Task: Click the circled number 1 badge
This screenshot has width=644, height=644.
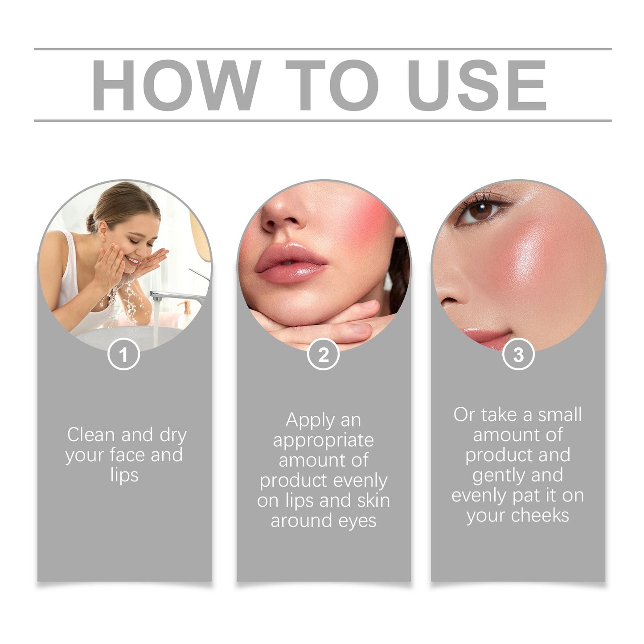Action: point(123,355)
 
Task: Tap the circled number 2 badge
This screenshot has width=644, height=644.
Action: point(323,355)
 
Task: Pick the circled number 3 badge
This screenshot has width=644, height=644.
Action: point(518,355)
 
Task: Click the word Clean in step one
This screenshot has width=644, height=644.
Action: point(91,435)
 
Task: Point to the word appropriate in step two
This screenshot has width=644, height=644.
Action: point(323,440)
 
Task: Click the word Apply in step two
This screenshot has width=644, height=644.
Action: point(304,420)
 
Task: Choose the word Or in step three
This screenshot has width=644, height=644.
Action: point(464,414)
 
